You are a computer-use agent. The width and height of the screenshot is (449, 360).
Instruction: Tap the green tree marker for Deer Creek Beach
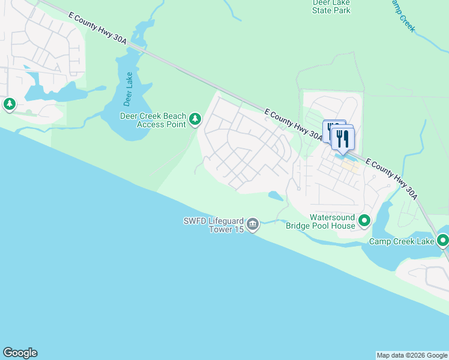194,119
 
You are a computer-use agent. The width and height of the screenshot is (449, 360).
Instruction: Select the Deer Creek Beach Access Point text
153,120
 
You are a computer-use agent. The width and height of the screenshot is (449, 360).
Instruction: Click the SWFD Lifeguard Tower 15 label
213,225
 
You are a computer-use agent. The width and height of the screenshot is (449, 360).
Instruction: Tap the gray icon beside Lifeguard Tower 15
253,225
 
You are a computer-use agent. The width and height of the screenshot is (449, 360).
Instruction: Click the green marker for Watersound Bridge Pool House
364,221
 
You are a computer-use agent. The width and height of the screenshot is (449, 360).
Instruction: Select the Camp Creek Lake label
401,241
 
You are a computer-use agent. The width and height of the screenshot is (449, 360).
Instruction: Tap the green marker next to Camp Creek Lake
443,241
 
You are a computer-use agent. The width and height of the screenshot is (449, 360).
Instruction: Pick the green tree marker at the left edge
10,104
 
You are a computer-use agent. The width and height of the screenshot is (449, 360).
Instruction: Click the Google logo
20,353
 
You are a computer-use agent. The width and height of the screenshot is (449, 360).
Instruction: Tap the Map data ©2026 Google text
412,355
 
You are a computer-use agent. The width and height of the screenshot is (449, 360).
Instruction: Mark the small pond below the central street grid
276,196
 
